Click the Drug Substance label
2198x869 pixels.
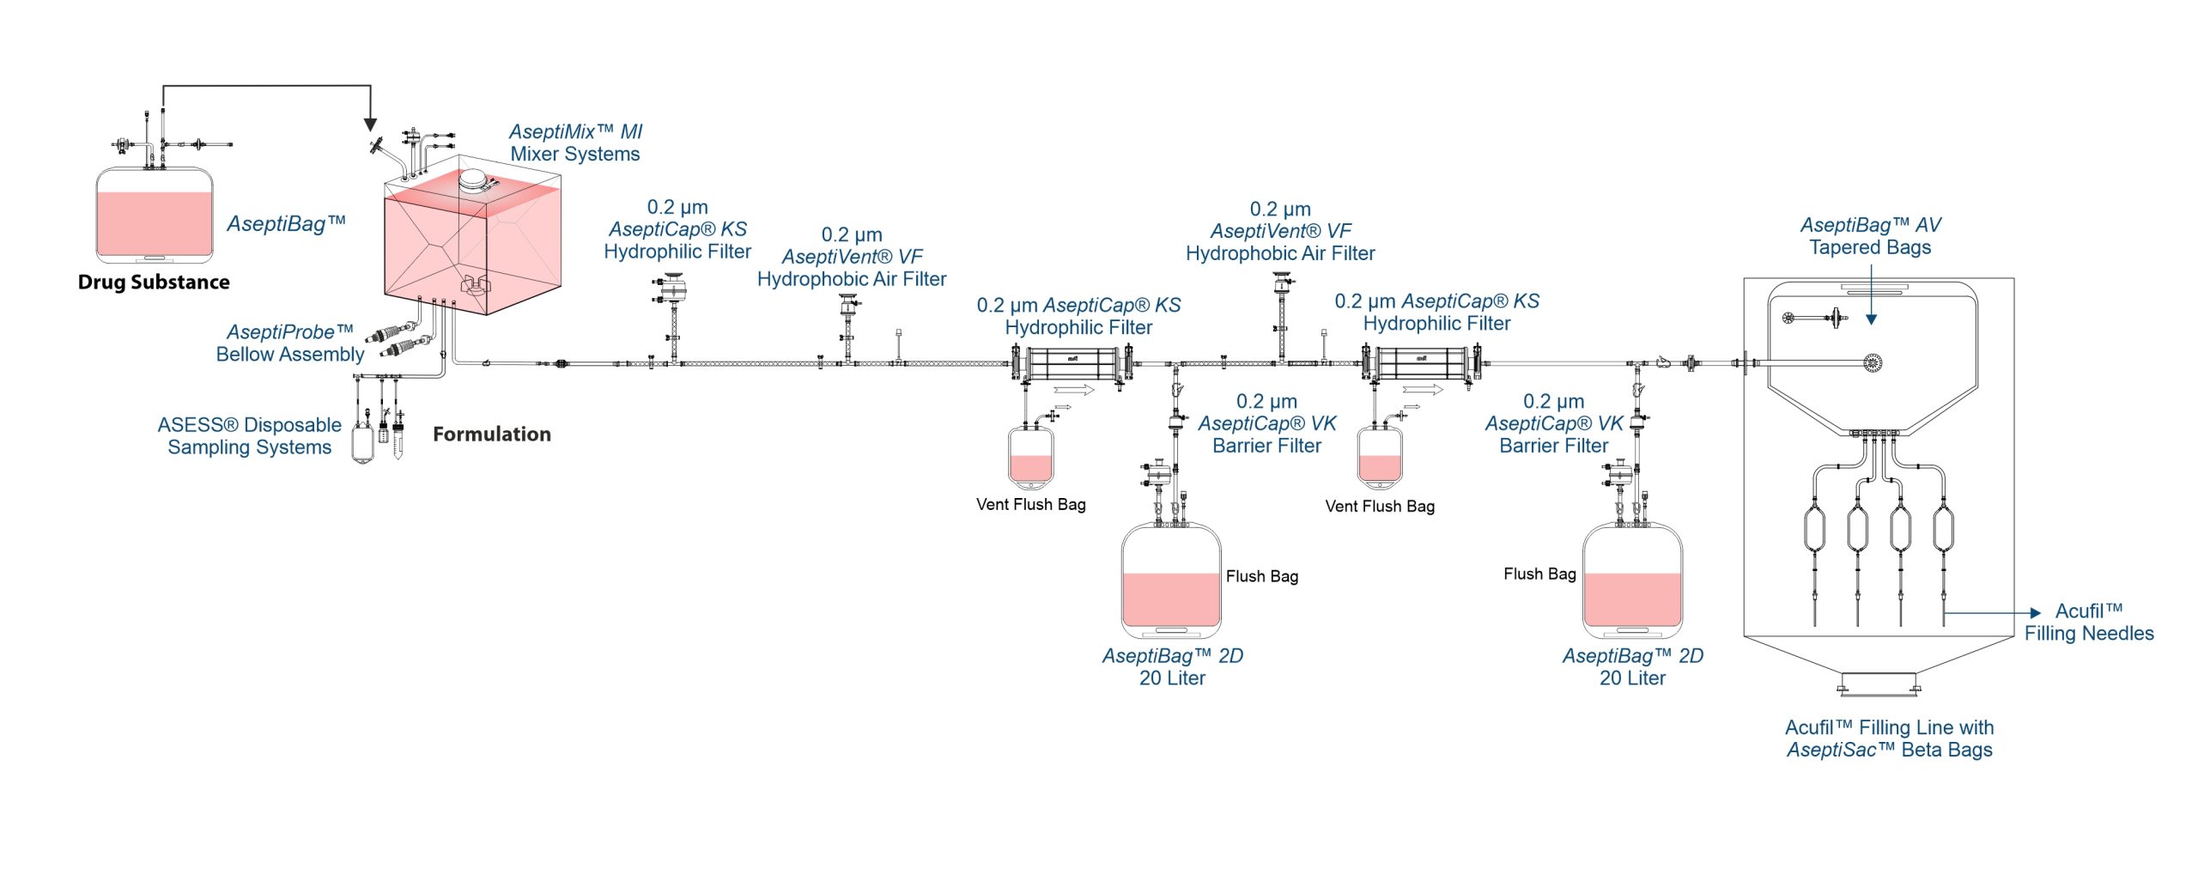coord(154,283)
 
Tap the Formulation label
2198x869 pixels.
coord(492,434)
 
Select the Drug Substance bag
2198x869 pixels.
coord(155,215)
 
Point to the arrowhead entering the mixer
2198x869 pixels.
coord(370,124)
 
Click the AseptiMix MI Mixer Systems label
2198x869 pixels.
coord(575,143)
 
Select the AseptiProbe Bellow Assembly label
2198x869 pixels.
coord(290,343)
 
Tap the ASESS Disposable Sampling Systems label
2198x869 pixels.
coord(250,436)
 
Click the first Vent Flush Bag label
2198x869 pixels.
coord(1031,505)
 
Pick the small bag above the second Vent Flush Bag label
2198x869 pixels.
coord(1380,456)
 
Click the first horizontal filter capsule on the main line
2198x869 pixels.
coord(1072,364)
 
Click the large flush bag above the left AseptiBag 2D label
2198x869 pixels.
coord(1171,581)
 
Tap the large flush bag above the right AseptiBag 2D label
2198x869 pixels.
coord(1632,581)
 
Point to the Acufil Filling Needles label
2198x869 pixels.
coord(2089,623)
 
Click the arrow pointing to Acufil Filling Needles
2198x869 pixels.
coord(1993,613)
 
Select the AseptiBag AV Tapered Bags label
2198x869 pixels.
coord(1871,236)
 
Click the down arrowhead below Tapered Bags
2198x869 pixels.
coord(1872,319)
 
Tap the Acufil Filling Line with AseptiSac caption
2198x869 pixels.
coord(1890,738)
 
